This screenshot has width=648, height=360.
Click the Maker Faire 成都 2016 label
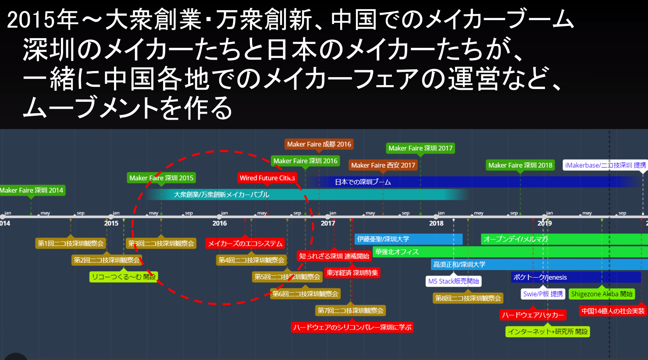319,144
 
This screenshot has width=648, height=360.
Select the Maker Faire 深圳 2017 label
420,148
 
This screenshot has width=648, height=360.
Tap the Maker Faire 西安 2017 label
383,165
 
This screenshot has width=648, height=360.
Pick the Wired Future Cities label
267,178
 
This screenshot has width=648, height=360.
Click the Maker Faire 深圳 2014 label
32,190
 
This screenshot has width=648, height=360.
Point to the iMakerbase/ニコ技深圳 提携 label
605,165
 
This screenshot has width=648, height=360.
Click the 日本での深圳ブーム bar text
363,182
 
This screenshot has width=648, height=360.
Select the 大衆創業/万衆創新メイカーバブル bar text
221,194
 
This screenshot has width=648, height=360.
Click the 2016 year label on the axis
220,223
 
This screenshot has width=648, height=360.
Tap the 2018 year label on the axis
436,223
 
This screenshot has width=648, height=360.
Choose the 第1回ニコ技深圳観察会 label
71,243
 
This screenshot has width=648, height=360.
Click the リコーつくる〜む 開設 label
124,277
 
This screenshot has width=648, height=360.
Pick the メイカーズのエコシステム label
245,243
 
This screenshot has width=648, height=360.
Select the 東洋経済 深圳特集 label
352,273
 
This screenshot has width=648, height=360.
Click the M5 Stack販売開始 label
453,281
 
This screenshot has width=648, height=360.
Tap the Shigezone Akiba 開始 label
602,294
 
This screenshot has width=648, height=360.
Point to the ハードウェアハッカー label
533,315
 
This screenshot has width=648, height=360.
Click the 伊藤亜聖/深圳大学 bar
408,239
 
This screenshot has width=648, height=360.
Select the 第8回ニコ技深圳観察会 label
468,298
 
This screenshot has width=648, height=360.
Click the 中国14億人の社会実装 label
613,311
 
